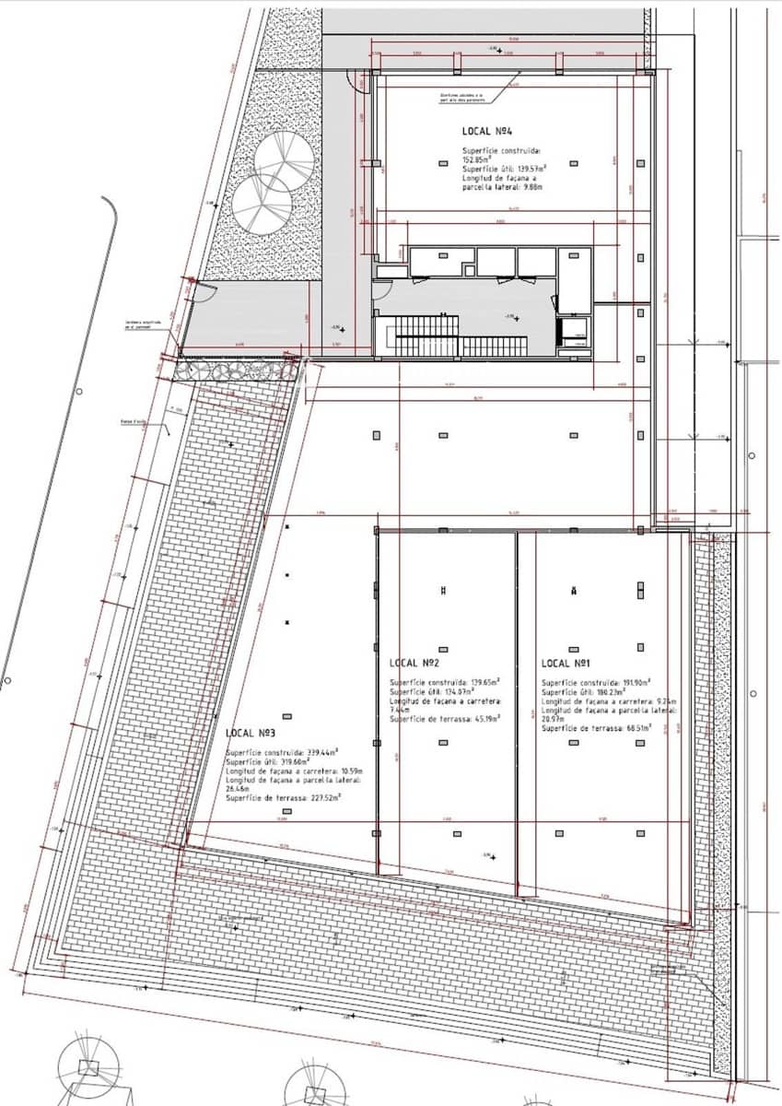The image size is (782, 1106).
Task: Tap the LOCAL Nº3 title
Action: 252,734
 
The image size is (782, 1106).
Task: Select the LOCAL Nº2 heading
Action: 414,664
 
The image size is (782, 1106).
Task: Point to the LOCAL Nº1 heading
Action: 566,664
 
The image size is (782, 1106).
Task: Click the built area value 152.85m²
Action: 479,159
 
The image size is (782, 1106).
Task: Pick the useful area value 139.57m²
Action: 528,169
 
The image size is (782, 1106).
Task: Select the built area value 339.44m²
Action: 325,751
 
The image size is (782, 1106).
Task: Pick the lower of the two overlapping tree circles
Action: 259,203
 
